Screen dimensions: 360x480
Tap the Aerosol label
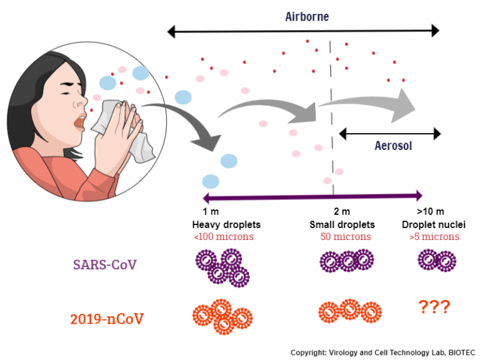393,146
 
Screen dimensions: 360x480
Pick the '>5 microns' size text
434,237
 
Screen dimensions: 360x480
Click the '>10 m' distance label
430,212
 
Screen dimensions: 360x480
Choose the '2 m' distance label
341,212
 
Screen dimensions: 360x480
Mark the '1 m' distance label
210,212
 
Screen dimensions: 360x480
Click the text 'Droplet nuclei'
434,224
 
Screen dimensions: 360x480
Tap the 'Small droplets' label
342,224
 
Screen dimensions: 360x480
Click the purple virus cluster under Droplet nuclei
436,260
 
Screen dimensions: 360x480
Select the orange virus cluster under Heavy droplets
222,316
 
